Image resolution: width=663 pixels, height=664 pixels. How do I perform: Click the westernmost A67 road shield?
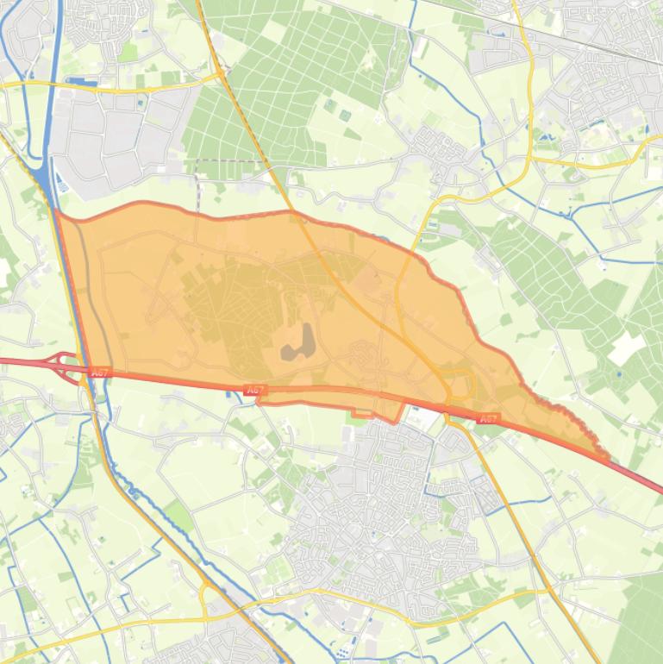pos(100,373)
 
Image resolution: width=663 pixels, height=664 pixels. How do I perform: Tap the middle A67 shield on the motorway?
pos(253,391)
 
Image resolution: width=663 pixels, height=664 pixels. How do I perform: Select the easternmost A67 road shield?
pos(488,419)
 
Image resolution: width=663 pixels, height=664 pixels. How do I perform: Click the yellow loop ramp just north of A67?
pos(459,384)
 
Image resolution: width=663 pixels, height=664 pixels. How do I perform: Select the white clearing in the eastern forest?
pos(626,348)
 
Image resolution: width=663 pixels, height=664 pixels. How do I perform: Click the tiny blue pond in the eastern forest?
pos(619,374)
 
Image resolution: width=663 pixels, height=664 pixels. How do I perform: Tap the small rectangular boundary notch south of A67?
pos(363,412)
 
